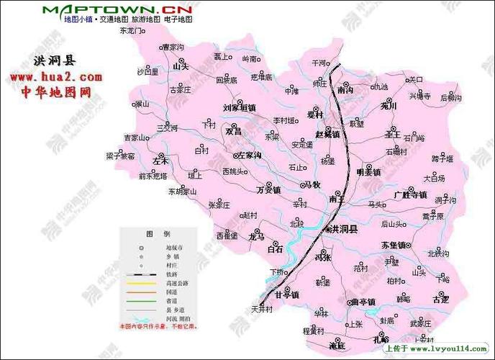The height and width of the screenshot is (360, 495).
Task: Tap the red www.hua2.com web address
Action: pos(55,76)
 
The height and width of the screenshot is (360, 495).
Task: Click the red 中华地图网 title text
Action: pos(55,92)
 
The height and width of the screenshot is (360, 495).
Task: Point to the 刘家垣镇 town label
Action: pos(239,107)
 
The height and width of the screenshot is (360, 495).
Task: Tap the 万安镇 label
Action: pos(268,190)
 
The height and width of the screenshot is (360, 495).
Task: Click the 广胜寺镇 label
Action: pos(411,195)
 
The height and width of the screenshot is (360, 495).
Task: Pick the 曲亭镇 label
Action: pos(358,302)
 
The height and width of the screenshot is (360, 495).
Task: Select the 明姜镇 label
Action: pos(369,172)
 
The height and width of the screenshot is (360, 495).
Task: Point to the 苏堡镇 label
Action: pos(394,245)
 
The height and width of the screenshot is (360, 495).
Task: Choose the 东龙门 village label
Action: pos(132,32)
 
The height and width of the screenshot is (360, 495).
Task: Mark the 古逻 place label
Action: pos(440,298)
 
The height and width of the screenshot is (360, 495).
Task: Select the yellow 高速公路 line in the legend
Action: pos(141,284)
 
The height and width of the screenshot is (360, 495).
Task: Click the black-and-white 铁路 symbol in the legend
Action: pos(141,274)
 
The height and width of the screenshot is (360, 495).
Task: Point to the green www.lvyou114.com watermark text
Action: pos(448,349)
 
